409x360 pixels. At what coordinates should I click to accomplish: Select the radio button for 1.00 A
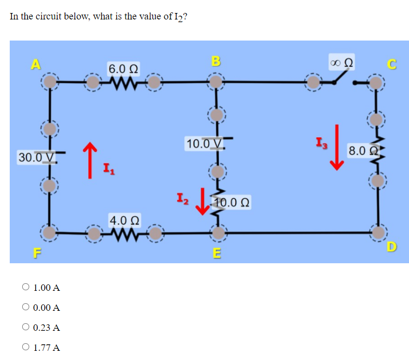point(25,288)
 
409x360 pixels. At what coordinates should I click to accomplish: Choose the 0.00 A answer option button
point(25,308)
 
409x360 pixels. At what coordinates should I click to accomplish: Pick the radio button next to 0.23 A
point(25,328)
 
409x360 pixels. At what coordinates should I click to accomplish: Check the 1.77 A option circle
point(25,348)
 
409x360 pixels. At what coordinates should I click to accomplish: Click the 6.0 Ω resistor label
point(123,69)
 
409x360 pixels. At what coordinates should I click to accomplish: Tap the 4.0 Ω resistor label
point(124,221)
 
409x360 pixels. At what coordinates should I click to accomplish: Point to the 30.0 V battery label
point(37,157)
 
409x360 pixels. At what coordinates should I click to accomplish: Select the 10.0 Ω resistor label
point(232,203)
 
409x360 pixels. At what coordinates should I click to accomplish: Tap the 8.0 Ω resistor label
point(362,150)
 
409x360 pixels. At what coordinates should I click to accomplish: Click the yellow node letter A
point(36,64)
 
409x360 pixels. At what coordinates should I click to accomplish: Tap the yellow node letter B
point(215,60)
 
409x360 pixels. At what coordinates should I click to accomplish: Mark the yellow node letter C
point(394,65)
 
